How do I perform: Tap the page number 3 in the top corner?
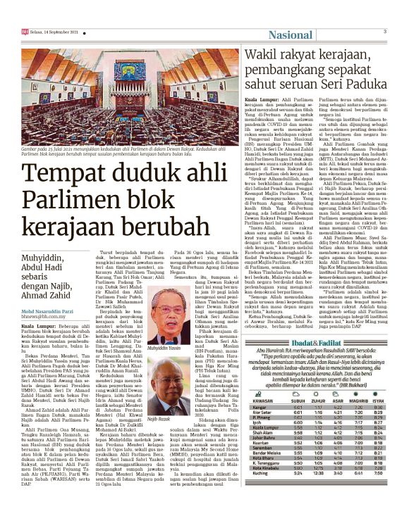384,32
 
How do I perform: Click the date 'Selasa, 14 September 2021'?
49,32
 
